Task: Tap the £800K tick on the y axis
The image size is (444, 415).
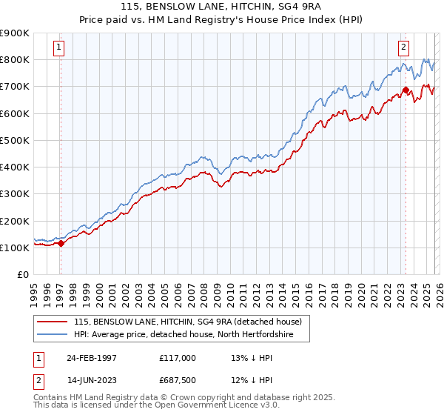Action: [15, 59]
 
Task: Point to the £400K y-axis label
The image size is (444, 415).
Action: [15, 167]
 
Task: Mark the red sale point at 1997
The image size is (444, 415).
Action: [61, 243]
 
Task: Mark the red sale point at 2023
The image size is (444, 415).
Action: [406, 90]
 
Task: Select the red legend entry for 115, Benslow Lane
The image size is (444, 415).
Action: [187, 322]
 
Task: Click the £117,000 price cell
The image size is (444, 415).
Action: [178, 358]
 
